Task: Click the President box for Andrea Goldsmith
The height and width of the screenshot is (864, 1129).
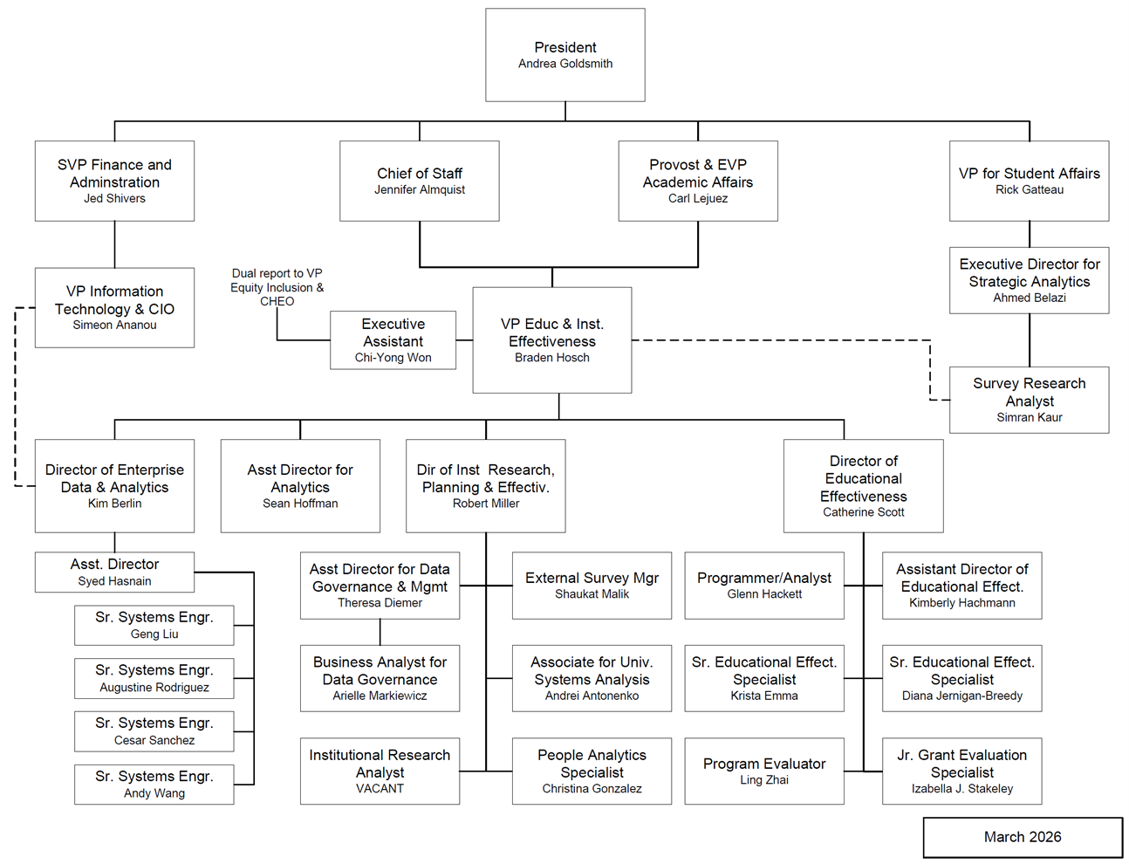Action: [x=565, y=55]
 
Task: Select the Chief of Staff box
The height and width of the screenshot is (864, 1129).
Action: [x=420, y=181]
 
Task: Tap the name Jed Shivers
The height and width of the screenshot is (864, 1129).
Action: [x=114, y=199]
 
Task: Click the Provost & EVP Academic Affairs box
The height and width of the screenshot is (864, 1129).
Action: [x=698, y=181]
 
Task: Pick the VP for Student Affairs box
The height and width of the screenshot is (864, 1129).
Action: [x=1030, y=181]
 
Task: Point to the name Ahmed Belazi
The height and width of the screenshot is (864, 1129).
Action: [x=1030, y=298]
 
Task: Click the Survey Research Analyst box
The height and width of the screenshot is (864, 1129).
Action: [x=1030, y=400]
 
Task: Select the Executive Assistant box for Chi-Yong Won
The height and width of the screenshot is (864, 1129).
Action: [x=393, y=340]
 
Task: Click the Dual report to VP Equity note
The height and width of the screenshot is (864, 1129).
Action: [x=277, y=287]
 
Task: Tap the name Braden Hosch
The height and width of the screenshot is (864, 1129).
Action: [x=552, y=358]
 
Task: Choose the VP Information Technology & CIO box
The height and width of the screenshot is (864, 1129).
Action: [x=114, y=307]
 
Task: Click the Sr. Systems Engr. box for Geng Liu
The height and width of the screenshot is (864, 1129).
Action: [x=154, y=625]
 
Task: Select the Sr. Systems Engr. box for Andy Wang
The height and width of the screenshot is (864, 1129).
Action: [x=154, y=784]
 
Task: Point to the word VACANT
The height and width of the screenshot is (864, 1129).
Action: [x=380, y=789]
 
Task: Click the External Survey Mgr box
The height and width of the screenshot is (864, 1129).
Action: [x=592, y=585]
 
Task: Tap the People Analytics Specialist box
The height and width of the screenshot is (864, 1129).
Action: [x=592, y=771]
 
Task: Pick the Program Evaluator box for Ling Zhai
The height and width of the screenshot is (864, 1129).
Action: [x=764, y=771]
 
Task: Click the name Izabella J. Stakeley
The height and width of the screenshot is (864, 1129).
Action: [x=962, y=789]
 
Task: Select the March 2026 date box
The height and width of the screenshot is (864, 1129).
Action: [x=1023, y=837]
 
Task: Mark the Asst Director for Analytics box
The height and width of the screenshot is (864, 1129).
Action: [x=300, y=485]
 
